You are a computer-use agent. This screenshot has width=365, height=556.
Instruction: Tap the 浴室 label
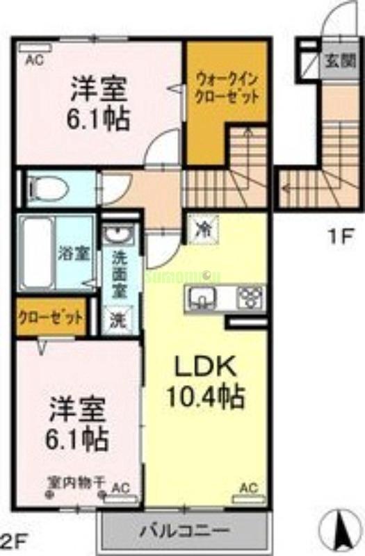coord(74,253)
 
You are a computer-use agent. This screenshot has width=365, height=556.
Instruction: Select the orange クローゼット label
coord(51,316)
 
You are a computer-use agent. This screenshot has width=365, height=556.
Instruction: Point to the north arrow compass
coord(342,532)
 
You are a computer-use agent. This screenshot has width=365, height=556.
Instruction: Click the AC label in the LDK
coord(248,488)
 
